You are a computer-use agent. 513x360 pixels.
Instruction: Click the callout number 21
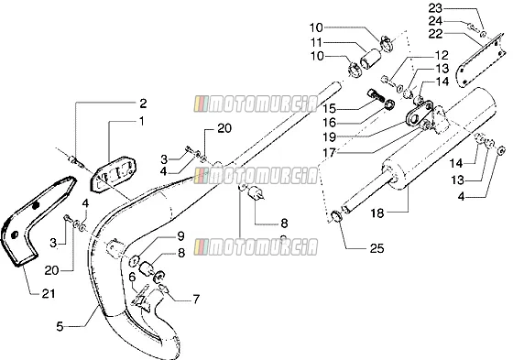(x=48, y=293)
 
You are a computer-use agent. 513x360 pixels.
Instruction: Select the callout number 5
(x=60, y=326)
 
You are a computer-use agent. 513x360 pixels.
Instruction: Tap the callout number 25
(x=377, y=248)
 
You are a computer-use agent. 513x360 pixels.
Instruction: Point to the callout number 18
(x=377, y=213)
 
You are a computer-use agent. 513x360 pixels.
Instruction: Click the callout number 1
(x=141, y=122)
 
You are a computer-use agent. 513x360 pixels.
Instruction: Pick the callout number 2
(x=143, y=104)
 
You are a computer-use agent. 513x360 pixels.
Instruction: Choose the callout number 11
(x=316, y=42)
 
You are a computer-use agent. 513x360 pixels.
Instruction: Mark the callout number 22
(x=435, y=34)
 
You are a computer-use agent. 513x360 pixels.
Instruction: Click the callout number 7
(x=196, y=299)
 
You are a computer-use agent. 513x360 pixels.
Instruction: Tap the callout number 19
(x=329, y=137)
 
